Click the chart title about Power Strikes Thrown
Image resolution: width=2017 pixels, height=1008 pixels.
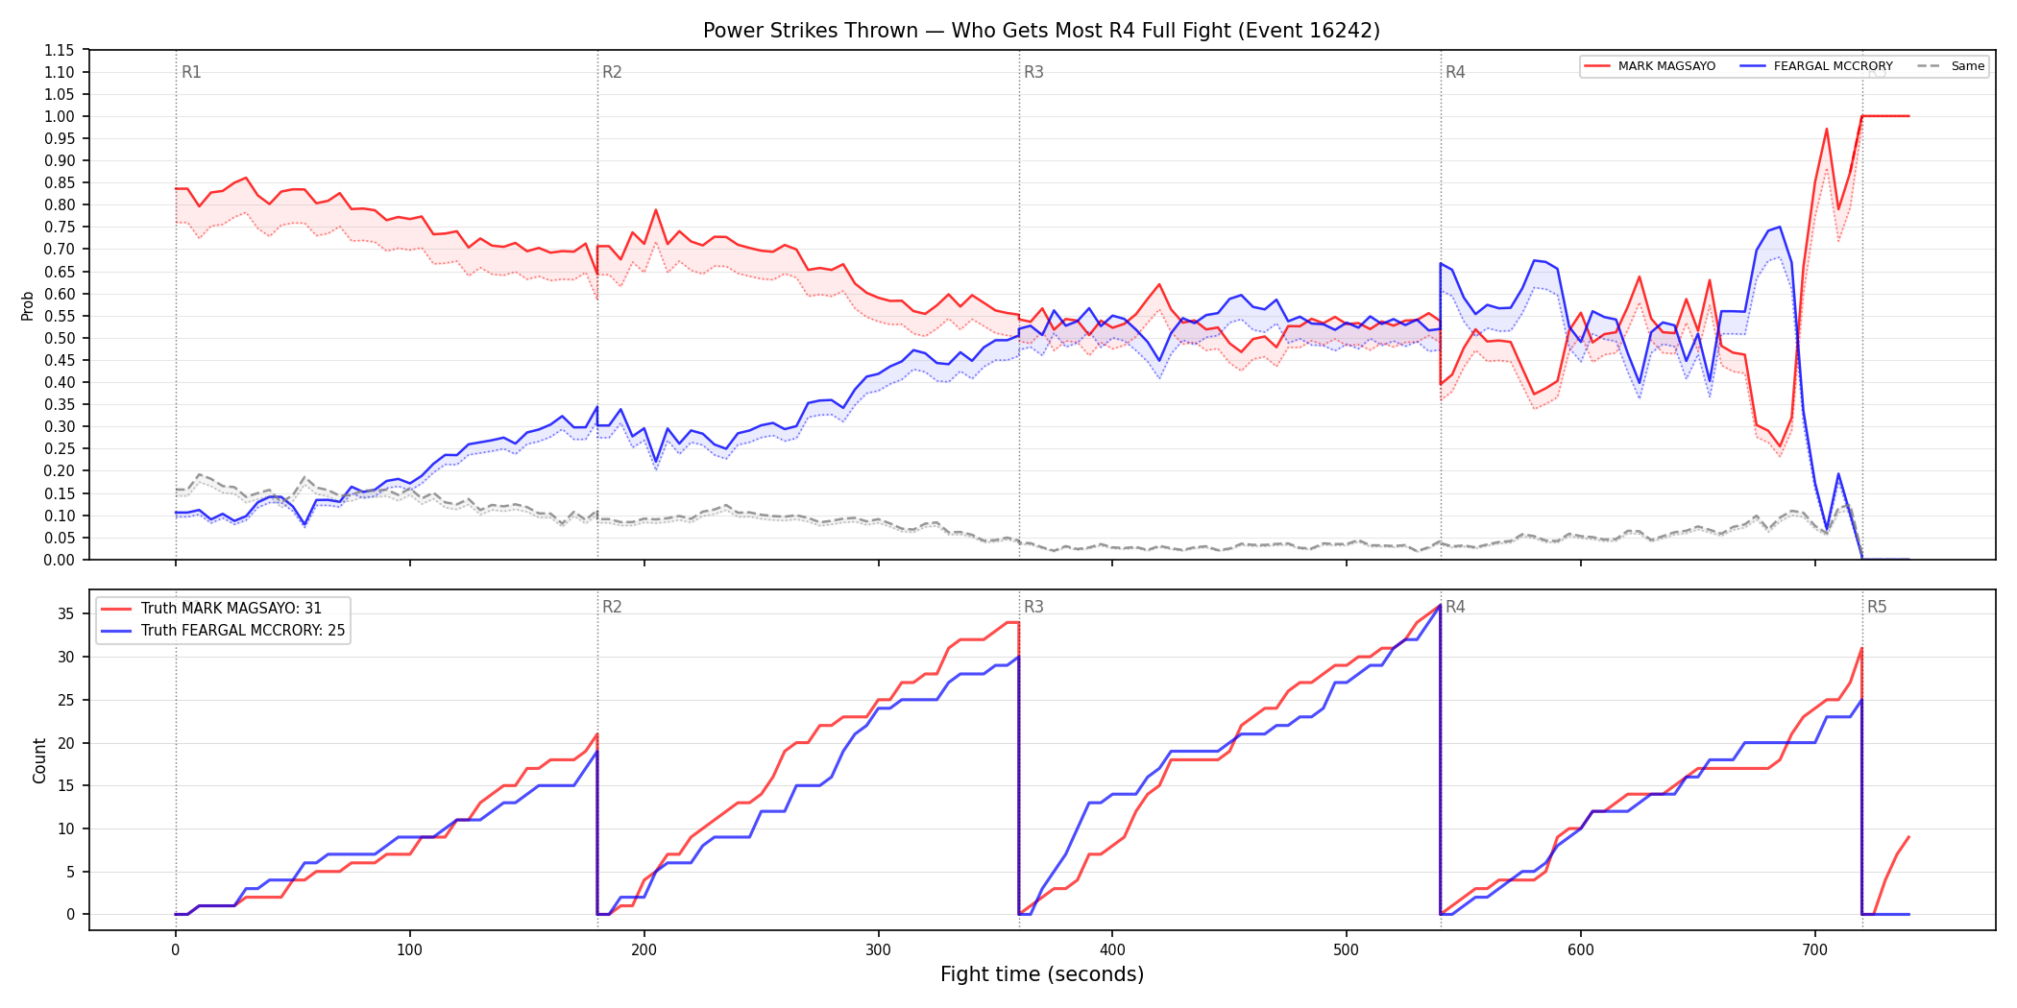point(1041,31)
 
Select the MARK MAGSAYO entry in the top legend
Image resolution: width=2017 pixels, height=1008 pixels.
point(1649,66)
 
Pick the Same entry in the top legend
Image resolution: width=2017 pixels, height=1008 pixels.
point(1951,66)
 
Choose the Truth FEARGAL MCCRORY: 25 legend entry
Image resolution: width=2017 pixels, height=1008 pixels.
point(224,631)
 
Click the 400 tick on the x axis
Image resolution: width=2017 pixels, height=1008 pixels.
point(1112,950)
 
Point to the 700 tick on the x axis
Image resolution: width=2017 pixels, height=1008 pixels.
point(1815,950)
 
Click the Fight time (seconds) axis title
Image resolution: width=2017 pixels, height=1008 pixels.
point(1042,974)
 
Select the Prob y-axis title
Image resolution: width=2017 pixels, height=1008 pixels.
point(28,305)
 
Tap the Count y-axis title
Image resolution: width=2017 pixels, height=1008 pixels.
point(39,760)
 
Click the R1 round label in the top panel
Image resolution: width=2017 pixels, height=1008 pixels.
point(191,72)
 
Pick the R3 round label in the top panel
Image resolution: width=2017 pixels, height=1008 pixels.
point(1033,72)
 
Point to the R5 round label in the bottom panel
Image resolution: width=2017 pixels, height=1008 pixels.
point(1877,607)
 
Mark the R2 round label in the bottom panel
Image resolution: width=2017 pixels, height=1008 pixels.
point(612,607)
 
